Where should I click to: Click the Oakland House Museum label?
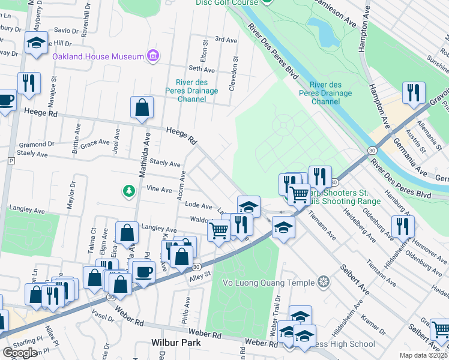98,57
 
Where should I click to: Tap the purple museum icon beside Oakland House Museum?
153,56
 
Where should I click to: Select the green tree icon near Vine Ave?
128,191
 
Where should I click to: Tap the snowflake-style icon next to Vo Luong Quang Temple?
324,282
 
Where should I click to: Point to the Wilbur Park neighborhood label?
175,343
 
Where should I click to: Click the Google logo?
20,353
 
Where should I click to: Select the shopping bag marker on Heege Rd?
142,109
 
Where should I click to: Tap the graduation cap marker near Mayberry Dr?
36,43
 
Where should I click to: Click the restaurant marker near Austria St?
414,92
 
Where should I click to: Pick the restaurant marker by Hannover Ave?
402,226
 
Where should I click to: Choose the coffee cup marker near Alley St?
143,272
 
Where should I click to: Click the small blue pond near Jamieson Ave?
323,32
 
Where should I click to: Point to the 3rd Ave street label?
226,40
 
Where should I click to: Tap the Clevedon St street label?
234,73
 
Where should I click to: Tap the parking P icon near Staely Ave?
11,161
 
